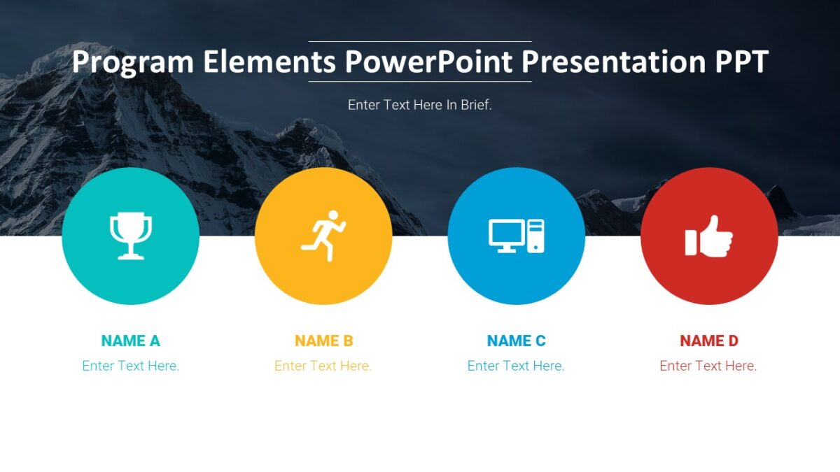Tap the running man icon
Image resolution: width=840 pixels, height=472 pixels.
(323, 235)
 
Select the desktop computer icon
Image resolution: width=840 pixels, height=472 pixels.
(516, 236)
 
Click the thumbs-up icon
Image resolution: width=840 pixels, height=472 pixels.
(709, 237)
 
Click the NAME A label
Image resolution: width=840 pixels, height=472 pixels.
(130, 341)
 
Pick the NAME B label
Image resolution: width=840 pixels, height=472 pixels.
(323, 341)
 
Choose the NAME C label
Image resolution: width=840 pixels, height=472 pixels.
(516, 341)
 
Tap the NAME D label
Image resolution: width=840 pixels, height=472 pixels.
(708, 341)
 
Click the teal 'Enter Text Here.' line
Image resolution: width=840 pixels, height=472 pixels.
(130, 366)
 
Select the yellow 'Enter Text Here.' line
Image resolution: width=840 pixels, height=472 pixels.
(323, 366)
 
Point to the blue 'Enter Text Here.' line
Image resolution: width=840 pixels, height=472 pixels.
(515, 366)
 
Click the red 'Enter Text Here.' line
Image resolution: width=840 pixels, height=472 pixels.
(708, 366)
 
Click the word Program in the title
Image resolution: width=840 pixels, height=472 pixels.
(133, 63)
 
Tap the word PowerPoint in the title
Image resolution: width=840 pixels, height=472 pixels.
(429, 62)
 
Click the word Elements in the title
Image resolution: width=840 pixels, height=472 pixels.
(269, 62)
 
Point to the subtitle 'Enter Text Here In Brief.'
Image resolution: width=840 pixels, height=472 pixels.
(420, 106)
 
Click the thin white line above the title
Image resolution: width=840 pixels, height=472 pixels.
(420, 42)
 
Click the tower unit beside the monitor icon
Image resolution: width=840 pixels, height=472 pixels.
(536, 236)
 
